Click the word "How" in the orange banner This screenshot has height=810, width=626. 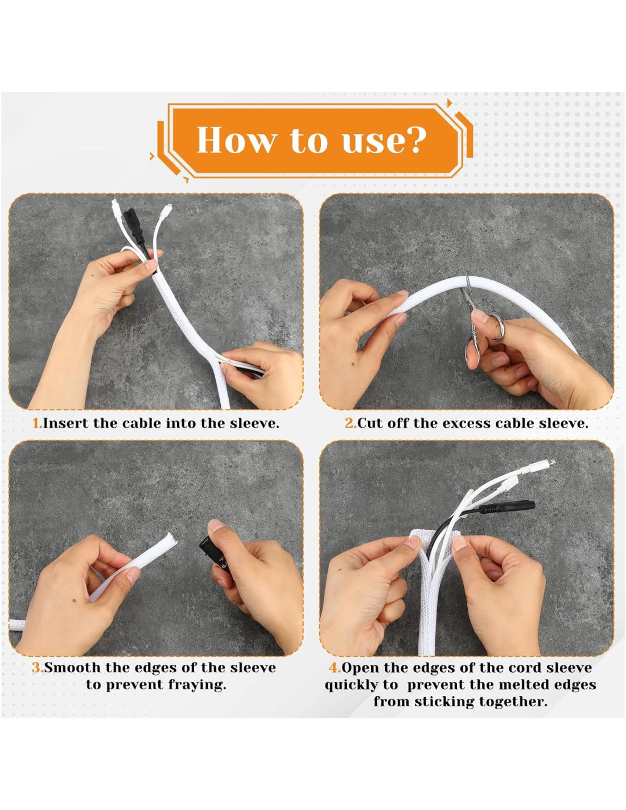pos(237,140)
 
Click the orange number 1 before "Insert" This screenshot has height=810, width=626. pos(37,423)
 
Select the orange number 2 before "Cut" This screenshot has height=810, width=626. pos(349,423)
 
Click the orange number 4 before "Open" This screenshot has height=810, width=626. pos(334,667)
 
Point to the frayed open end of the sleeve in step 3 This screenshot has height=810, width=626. pos(171,539)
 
